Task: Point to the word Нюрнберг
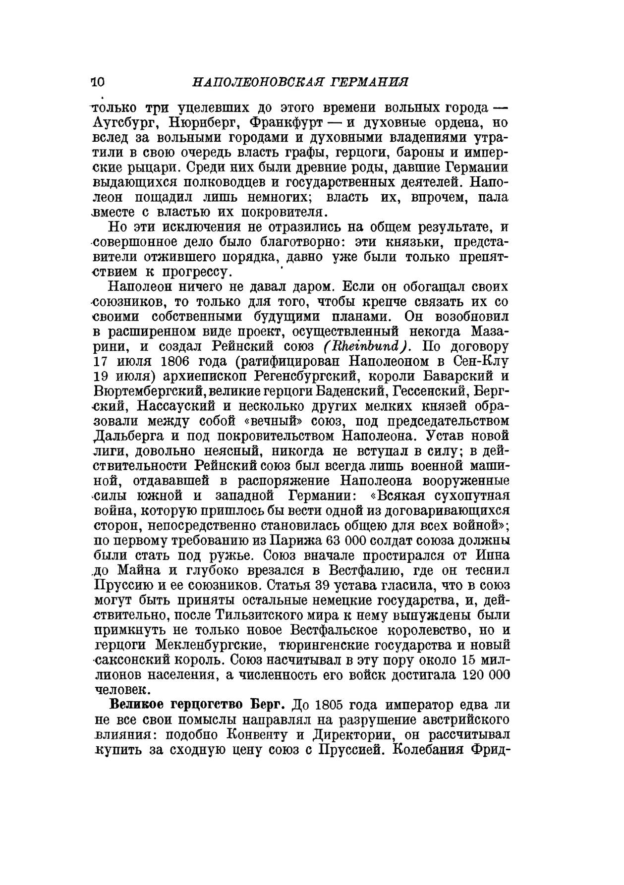pyautogui.click(x=203, y=122)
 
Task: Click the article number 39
pyautogui.click(x=322, y=585)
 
